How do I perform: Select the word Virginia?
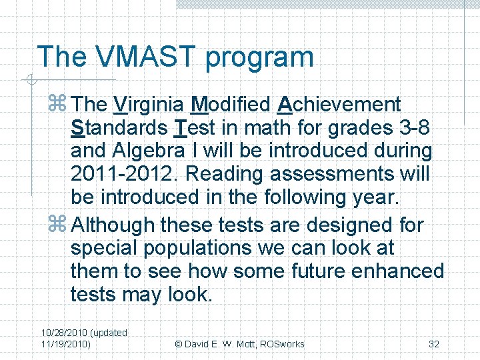tap(149, 105)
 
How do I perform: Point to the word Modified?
tap(230, 105)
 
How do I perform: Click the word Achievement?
tap(339, 105)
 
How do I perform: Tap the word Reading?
tap(226, 174)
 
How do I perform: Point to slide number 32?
tap(433, 344)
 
